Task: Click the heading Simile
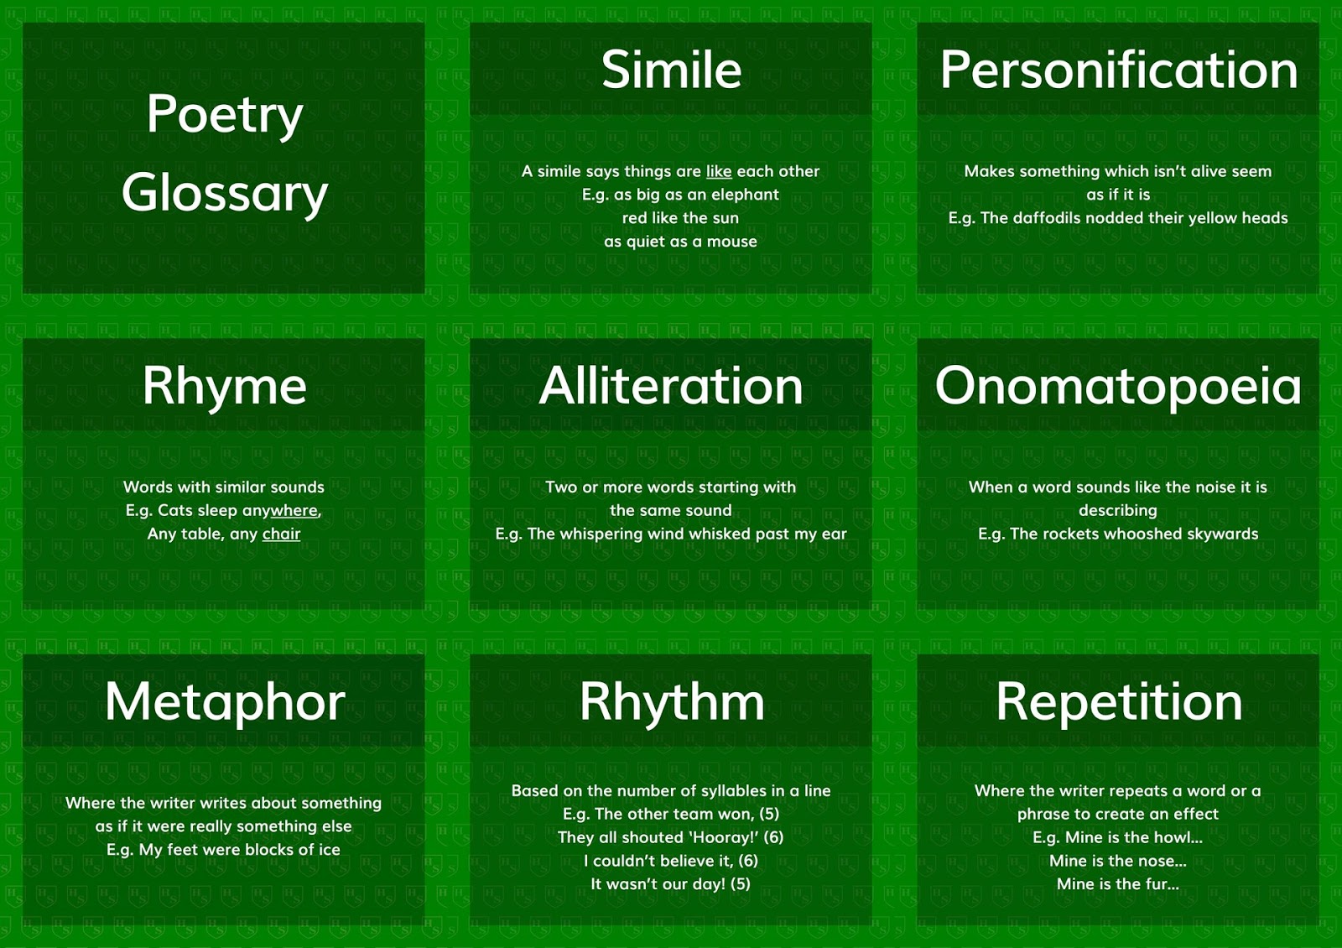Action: pyautogui.click(x=671, y=70)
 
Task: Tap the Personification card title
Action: pyautogui.click(x=1118, y=70)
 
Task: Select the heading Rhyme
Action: pyautogui.click(x=224, y=386)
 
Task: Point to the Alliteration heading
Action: pyautogui.click(x=671, y=386)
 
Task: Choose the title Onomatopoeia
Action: pyautogui.click(x=1118, y=386)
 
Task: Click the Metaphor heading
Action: pyautogui.click(x=224, y=701)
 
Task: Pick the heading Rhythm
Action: pyautogui.click(x=671, y=701)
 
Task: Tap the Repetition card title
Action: pyautogui.click(x=1118, y=701)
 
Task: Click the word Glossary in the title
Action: pyautogui.click(x=224, y=193)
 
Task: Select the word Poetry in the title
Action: pyautogui.click(x=224, y=114)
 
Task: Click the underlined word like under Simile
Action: pyautogui.click(x=719, y=171)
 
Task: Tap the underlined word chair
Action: pyautogui.click(x=281, y=534)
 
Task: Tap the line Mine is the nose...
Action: pyautogui.click(x=1117, y=861)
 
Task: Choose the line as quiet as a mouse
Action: pyautogui.click(x=680, y=242)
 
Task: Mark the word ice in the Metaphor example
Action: pyautogui.click(x=329, y=850)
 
